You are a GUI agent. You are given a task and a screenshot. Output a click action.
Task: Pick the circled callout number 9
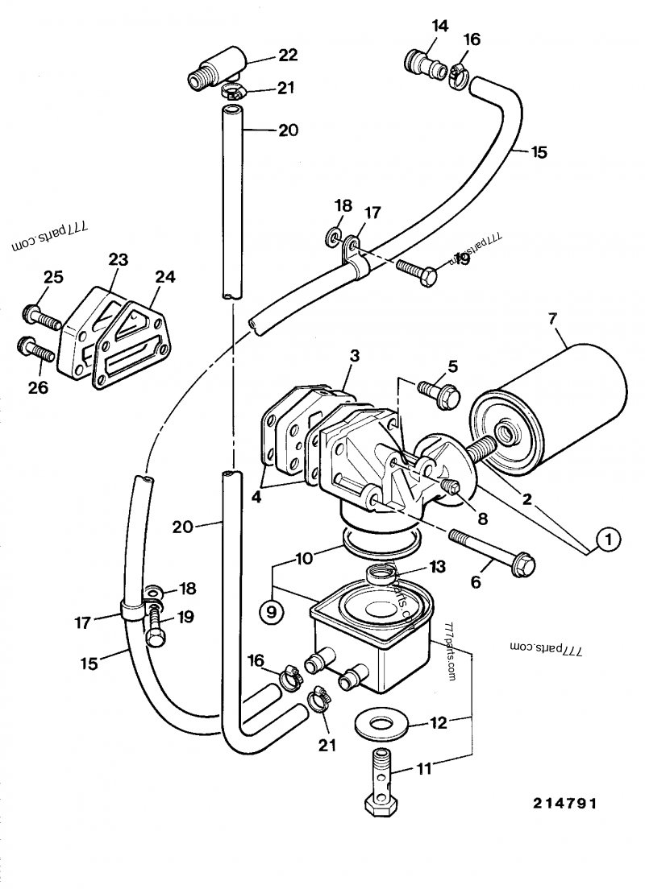click(x=271, y=612)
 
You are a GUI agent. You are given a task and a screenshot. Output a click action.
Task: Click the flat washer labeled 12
click(x=383, y=722)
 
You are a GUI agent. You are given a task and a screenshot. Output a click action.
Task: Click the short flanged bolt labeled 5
click(x=438, y=392)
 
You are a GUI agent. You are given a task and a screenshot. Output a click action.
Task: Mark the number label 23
click(x=119, y=259)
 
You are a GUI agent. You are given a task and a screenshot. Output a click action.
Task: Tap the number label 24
click(x=164, y=276)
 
